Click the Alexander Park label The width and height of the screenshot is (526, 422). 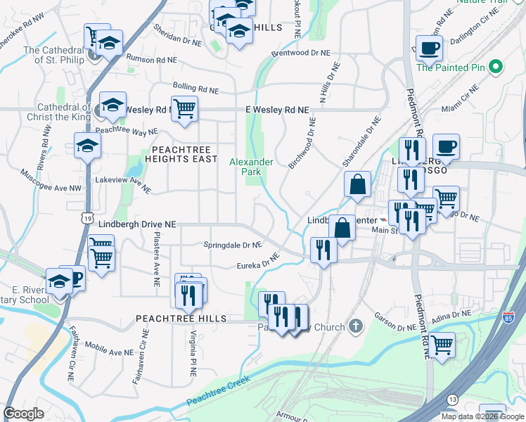tap(251, 167)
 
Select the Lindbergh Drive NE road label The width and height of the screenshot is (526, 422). tap(136, 224)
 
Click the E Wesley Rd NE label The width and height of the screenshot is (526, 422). tap(277, 110)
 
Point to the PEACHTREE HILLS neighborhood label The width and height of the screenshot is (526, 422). tap(181, 319)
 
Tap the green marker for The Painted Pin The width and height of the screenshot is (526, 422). tap(496, 68)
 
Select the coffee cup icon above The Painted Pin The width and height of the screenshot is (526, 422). tap(428, 49)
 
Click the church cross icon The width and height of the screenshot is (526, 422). tap(356, 326)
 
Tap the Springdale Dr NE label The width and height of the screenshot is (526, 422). tap(232, 245)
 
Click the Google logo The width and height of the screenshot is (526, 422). tap(23, 414)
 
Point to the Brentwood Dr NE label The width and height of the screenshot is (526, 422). tap(300, 53)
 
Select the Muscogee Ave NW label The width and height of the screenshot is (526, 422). tap(51, 181)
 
